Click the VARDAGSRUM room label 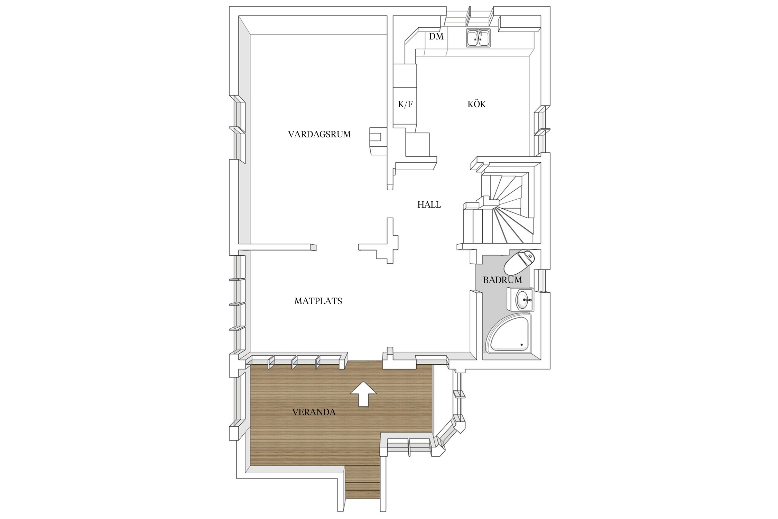[x=319, y=134]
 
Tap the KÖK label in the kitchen [x=476, y=104]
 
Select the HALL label [x=429, y=204]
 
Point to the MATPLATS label [x=318, y=301]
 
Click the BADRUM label [x=502, y=280]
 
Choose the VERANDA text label [x=314, y=412]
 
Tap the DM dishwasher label [x=436, y=36]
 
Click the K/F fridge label [x=405, y=104]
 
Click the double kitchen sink [x=479, y=38]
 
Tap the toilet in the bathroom [x=519, y=262]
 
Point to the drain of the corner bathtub [x=522, y=345]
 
